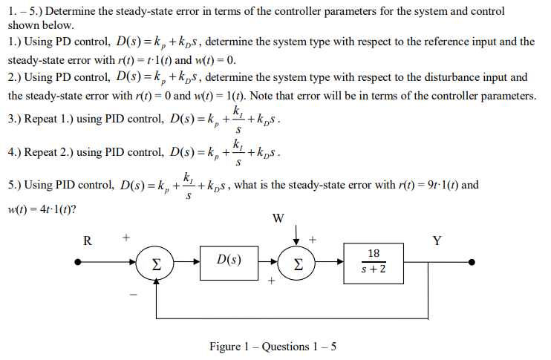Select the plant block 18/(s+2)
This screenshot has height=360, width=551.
tap(373, 262)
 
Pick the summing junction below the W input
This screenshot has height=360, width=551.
tap(297, 263)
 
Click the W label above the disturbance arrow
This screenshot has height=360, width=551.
tap(278, 218)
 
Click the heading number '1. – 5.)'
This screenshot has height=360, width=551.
tap(26, 12)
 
